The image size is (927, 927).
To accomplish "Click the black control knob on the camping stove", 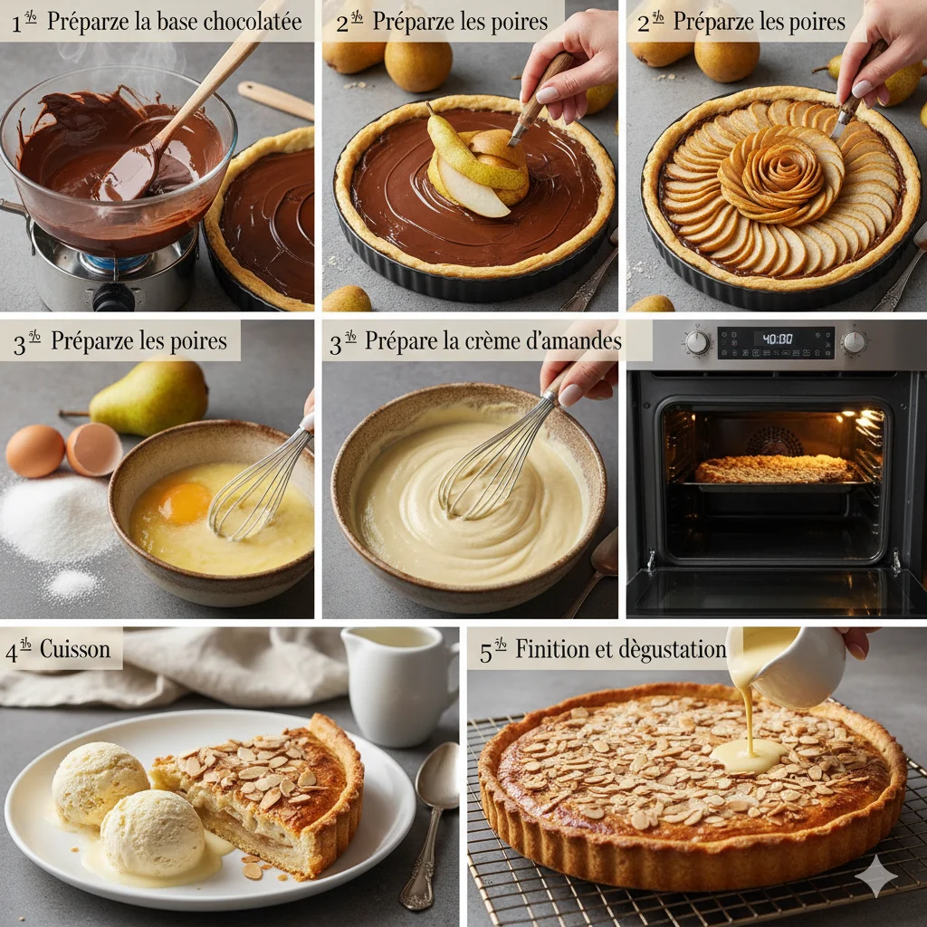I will click(x=114, y=296).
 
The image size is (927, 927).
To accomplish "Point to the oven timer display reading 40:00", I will click(x=776, y=339).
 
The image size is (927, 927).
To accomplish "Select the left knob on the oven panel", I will click(x=697, y=342).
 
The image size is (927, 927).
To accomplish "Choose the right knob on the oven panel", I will click(x=854, y=341).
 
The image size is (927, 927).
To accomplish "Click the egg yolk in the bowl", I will click(x=185, y=502).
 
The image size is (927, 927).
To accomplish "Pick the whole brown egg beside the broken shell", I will click(x=35, y=450).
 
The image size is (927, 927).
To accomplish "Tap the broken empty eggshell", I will click(x=94, y=449).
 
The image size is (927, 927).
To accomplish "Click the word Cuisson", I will click(x=75, y=649).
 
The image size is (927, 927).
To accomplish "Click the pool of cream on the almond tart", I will click(x=748, y=755).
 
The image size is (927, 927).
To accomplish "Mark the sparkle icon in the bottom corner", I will click(x=876, y=875).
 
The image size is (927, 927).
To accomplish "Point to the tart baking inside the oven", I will click(x=775, y=469).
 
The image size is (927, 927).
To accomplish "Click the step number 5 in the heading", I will click(x=486, y=652).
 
